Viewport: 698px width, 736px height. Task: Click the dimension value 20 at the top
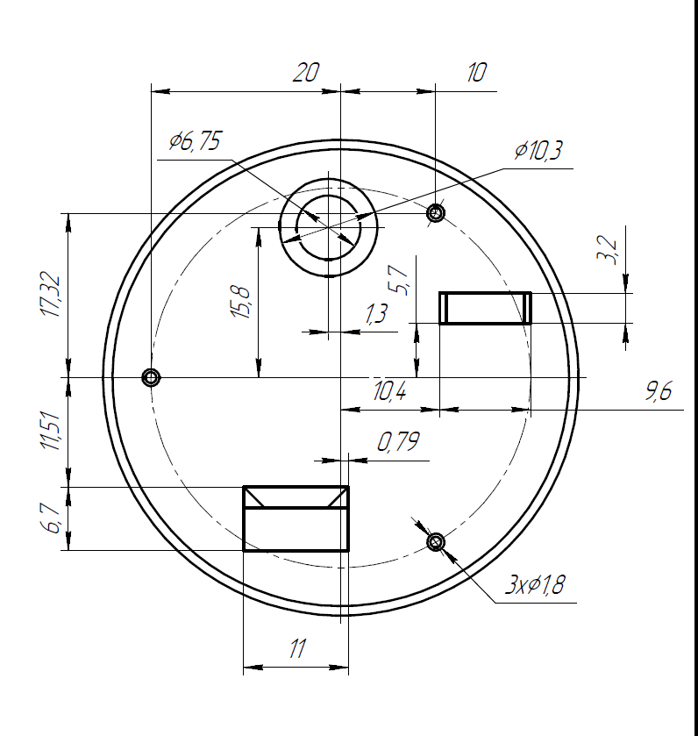click(x=305, y=73)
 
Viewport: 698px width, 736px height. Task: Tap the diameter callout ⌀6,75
click(x=196, y=142)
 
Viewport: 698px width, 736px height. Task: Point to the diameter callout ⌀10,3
click(x=538, y=151)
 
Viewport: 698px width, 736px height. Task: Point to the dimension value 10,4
click(x=388, y=392)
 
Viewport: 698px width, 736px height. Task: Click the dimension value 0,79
click(x=398, y=442)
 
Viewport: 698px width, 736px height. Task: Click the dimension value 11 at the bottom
click(x=296, y=649)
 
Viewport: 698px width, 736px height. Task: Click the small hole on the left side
click(x=151, y=377)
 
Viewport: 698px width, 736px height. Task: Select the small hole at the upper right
click(x=435, y=212)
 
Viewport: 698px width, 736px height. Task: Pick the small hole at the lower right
click(x=436, y=542)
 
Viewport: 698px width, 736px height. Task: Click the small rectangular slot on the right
click(x=485, y=308)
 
